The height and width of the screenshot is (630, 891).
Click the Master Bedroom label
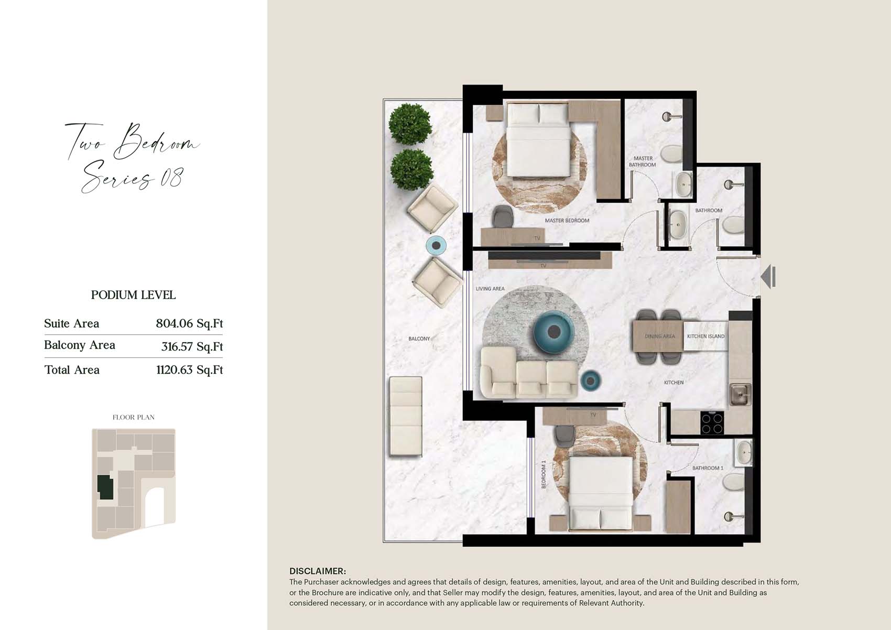(x=567, y=220)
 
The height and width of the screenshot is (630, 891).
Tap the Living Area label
(x=490, y=289)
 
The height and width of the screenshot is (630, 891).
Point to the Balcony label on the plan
(x=419, y=339)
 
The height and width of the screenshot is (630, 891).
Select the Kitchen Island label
(x=705, y=336)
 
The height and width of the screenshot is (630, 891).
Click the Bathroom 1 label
(x=708, y=468)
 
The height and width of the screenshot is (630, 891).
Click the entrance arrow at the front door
(x=768, y=277)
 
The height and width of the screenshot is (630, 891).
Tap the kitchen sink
(x=740, y=395)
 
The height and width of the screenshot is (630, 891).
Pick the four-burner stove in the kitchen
(x=712, y=423)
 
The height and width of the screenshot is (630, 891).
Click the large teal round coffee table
(x=553, y=332)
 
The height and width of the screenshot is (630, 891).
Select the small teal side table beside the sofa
(x=590, y=381)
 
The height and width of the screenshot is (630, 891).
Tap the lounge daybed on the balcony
(x=406, y=416)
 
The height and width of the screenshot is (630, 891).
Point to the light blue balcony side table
(x=437, y=245)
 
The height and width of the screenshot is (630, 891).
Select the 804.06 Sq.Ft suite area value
(x=189, y=323)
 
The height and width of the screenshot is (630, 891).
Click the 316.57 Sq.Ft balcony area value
(x=192, y=346)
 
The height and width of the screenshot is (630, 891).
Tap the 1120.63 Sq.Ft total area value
(x=189, y=370)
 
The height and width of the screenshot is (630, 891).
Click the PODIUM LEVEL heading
(x=133, y=295)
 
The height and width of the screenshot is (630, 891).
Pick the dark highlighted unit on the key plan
(x=105, y=487)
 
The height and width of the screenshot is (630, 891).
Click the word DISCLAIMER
(x=318, y=571)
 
